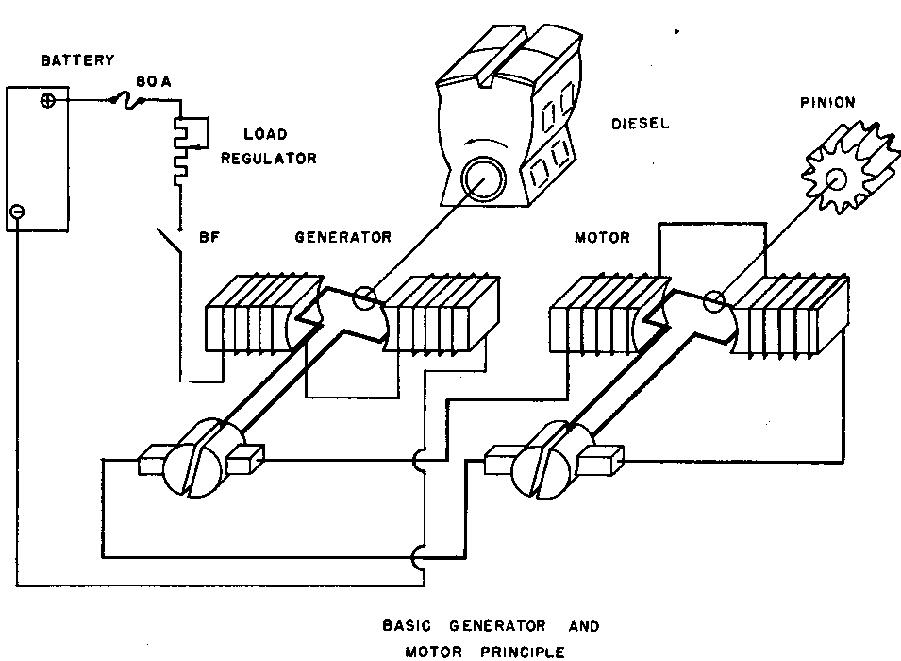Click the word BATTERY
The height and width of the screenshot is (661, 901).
pyautogui.click(x=76, y=60)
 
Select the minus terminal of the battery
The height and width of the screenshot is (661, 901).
pyautogui.click(x=17, y=212)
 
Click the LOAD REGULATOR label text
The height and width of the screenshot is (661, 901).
pyautogui.click(x=268, y=146)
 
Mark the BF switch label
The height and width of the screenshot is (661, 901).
pyautogui.click(x=209, y=238)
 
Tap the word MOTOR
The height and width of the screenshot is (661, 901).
pyautogui.click(x=602, y=238)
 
